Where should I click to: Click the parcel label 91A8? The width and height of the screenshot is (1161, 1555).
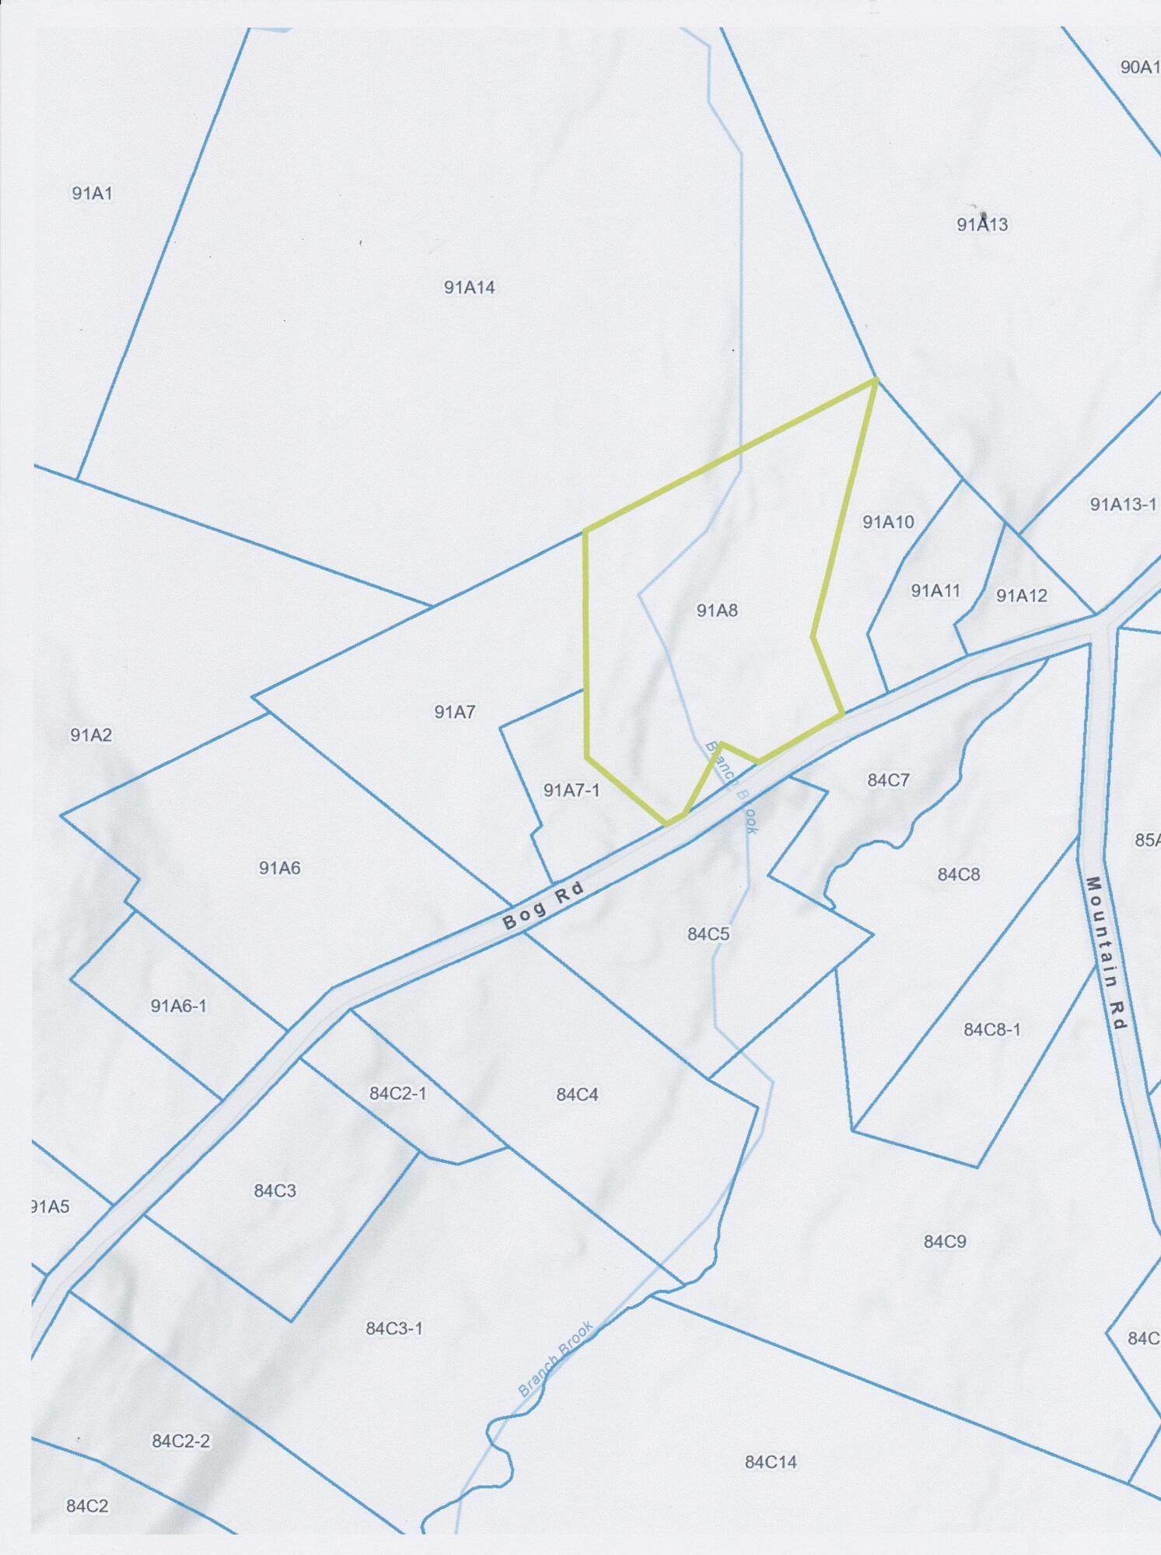(x=716, y=611)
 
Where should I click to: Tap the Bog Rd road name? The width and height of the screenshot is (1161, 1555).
(x=543, y=906)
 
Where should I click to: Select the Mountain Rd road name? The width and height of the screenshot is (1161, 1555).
(x=1105, y=954)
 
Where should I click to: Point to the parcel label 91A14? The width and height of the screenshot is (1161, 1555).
(x=469, y=288)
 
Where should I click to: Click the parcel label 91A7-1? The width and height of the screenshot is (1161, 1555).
(x=572, y=791)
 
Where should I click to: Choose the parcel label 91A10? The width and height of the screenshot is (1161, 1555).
(x=888, y=522)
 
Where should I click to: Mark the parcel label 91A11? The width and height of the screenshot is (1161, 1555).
(x=935, y=591)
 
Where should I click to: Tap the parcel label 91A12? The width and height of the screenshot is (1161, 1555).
(x=1022, y=596)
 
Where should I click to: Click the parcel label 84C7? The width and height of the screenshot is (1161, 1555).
(x=888, y=780)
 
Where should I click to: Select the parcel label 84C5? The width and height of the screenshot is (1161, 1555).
(x=708, y=934)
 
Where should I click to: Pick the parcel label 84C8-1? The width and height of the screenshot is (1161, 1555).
(x=991, y=1030)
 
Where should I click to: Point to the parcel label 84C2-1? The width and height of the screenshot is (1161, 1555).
(x=397, y=1094)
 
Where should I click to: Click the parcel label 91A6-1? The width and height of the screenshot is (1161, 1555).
(x=178, y=1007)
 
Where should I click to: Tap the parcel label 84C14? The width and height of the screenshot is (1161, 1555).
(x=771, y=1462)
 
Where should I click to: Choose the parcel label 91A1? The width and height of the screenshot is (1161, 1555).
(x=93, y=194)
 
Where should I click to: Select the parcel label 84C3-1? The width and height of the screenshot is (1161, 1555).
(x=394, y=1329)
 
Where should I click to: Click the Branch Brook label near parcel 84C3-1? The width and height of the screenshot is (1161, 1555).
(x=556, y=1358)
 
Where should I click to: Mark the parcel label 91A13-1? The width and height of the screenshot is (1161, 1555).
(x=1122, y=505)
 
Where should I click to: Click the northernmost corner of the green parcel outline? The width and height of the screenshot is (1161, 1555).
(x=877, y=380)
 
